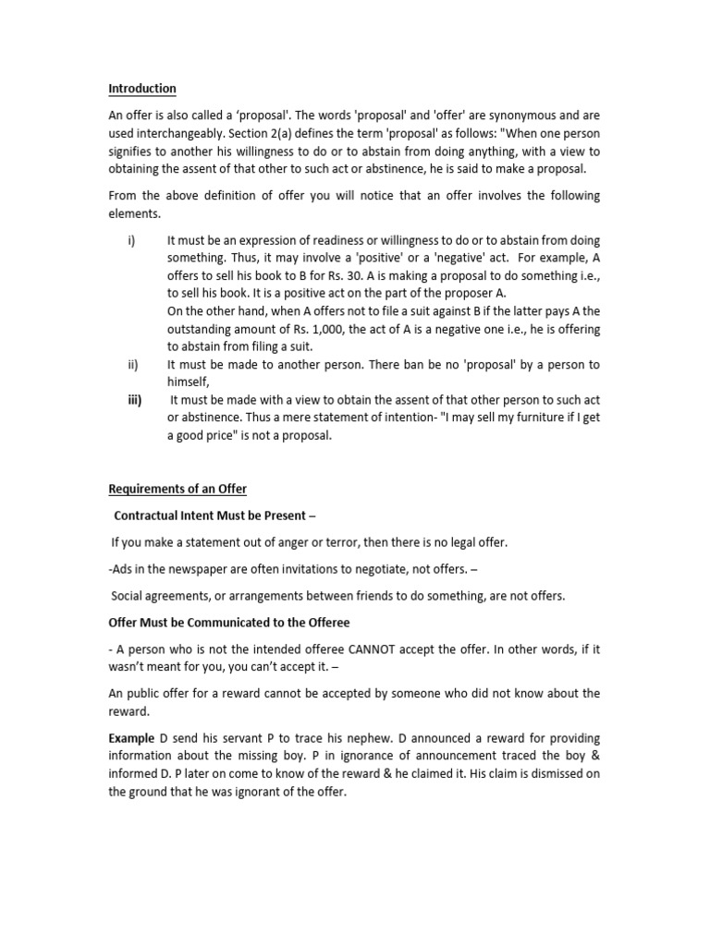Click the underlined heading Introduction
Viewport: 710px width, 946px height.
point(141,89)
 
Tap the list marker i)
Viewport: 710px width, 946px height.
point(131,239)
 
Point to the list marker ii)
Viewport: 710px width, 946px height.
point(132,364)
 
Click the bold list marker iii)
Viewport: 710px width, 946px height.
point(133,400)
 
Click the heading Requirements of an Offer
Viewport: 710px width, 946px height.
point(177,489)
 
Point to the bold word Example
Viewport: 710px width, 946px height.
point(130,738)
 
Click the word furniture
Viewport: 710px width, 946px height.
point(520,418)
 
